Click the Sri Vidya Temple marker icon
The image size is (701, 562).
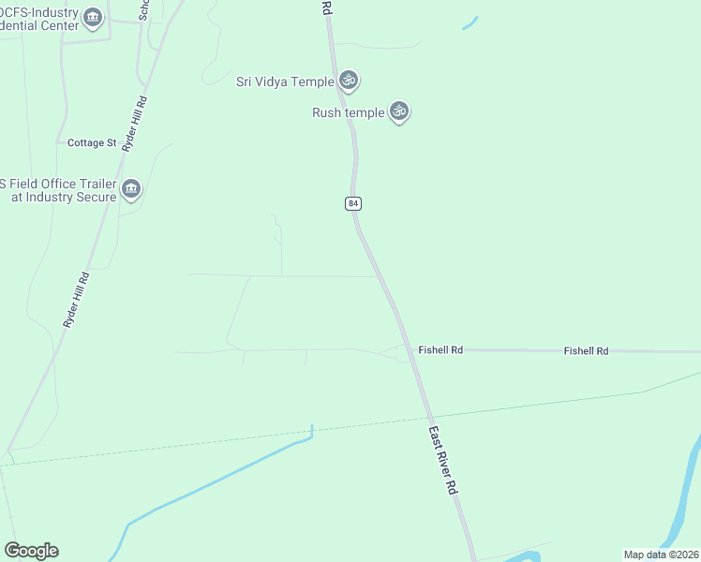coord(349,81)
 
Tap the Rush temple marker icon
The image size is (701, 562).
coord(399,111)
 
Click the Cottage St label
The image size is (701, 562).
coord(92,143)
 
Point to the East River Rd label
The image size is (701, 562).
coord(443,461)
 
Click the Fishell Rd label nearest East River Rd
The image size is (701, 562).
coord(440,349)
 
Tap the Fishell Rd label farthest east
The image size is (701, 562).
coord(586,350)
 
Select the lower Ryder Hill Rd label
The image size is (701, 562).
coord(75,299)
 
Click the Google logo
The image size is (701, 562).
coord(31,551)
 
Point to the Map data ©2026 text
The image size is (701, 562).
coord(661,555)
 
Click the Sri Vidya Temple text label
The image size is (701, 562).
coord(285,81)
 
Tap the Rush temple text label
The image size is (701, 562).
coord(348,112)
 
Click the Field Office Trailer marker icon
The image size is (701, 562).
coord(131,189)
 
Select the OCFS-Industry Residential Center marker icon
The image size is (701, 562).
coord(92,18)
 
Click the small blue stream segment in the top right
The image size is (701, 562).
coord(470,23)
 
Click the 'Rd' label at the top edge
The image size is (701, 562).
coord(326,7)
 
